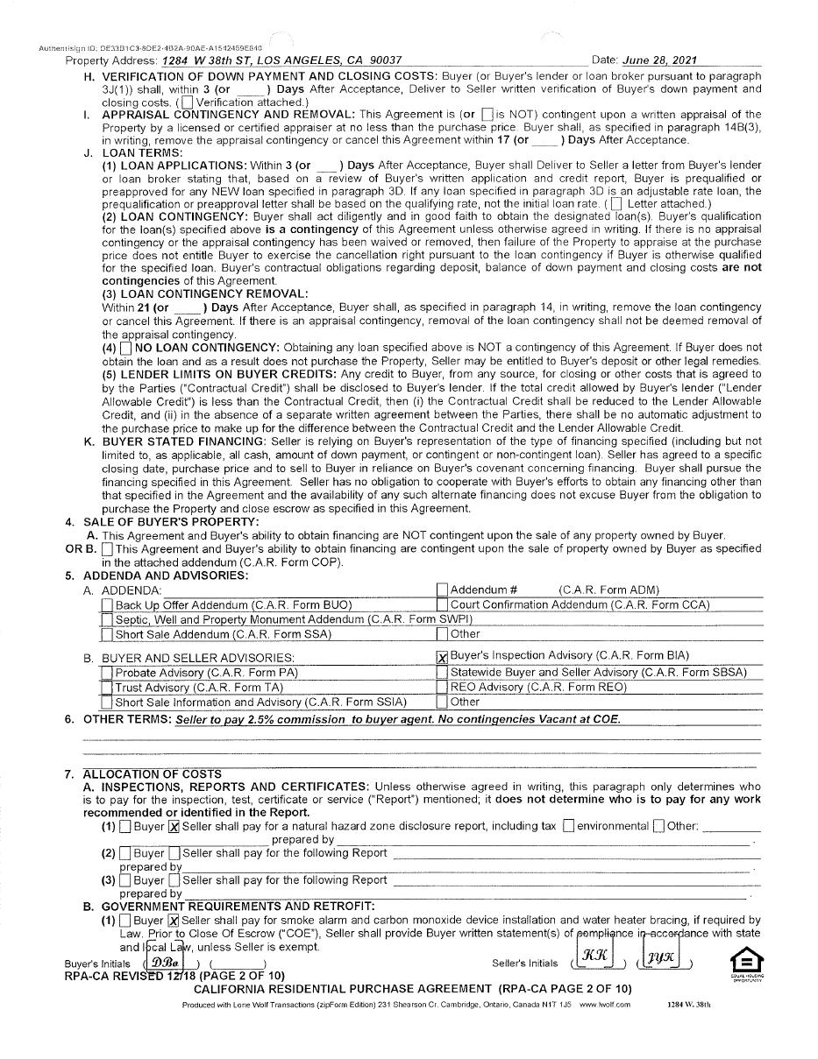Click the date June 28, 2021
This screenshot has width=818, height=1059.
pyautogui.click(x=658, y=60)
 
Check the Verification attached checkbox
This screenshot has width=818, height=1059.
pyautogui.click(x=187, y=102)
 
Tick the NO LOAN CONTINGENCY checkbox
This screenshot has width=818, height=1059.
pyautogui.click(x=126, y=348)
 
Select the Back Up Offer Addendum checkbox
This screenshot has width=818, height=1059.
pyautogui.click(x=107, y=604)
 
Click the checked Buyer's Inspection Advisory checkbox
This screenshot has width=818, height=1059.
pyautogui.click(x=442, y=656)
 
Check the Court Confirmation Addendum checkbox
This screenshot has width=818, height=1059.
pyautogui.click(x=442, y=604)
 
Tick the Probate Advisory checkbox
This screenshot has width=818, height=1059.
pyautogui.click(x=107, y=673)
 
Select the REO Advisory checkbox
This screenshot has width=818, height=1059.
pyautogui.click(x=442, y=688)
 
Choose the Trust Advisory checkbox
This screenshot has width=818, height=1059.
pyautogui.click(x=107, y=688)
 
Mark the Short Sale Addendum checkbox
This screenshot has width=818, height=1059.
pyautogui.click(x=107, y=634)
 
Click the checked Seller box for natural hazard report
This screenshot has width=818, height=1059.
pyautogui.click(x=174, y=826)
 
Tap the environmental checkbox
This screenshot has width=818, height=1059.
pyautogui.click(x=569, y=826)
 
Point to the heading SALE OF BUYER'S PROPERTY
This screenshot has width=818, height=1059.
pyautogui.click(x=171, y=522)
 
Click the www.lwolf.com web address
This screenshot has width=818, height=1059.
pyautogui.click(x=604, y=1005)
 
